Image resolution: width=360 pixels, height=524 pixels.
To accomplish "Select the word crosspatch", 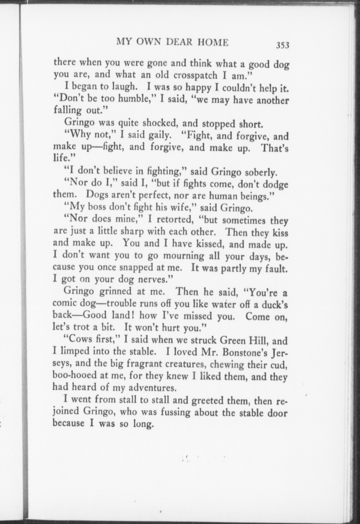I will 195,76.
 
